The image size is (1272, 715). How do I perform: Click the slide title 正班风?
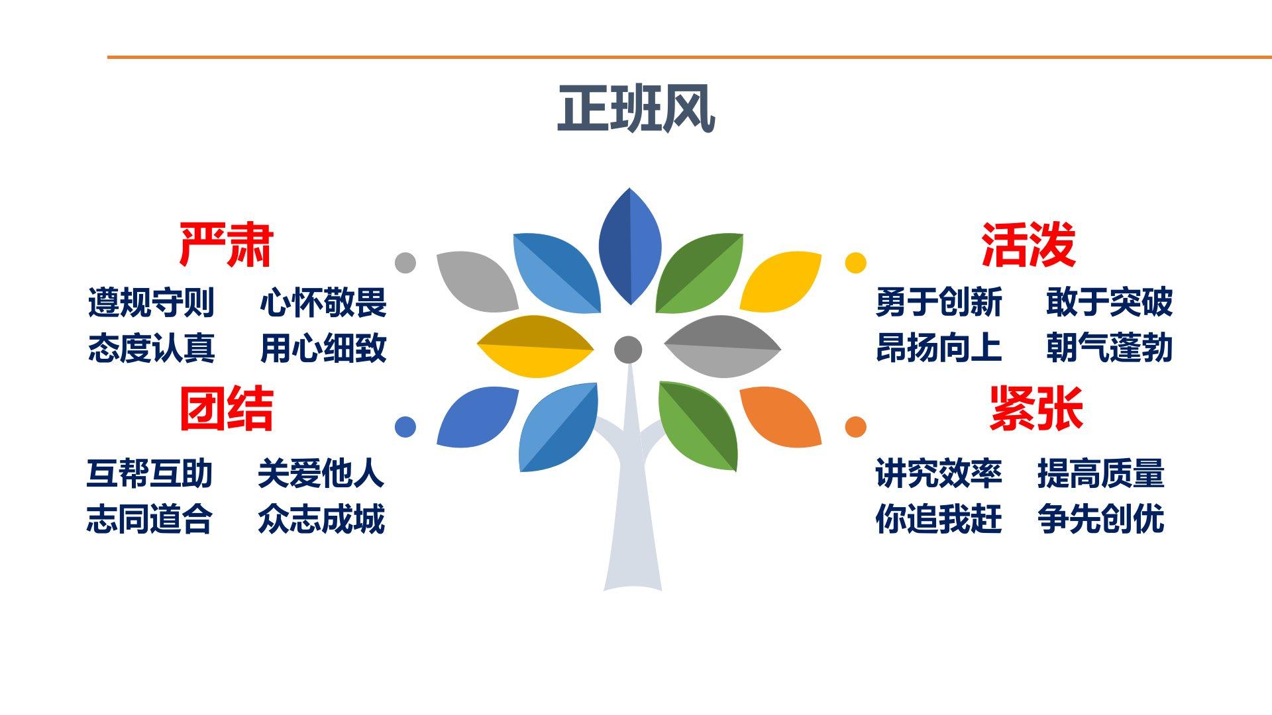click(636, 109)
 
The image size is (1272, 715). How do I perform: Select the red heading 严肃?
click(227, 245)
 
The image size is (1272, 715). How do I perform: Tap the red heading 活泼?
click(1028, 245)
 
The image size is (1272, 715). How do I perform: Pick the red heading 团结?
click(227, 408)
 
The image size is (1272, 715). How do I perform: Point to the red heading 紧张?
click(1036, 408)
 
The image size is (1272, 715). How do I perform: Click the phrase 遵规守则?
click(151, 303)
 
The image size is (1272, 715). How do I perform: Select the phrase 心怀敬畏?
click(323, 303)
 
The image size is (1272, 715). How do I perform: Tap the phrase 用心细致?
click(323, 348)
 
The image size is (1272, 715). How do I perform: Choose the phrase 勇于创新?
click(939, 303)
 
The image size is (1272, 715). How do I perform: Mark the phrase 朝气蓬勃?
click(1110, 348)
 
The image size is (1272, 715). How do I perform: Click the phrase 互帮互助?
click(150, 473)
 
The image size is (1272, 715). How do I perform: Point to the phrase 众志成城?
click(321, 519)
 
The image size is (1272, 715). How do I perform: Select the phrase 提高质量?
click(1101, 473)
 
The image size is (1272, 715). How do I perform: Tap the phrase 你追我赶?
click(939, 519)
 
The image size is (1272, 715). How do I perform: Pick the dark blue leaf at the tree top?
click(630, 246)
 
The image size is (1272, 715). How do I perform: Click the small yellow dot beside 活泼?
click(856, 263)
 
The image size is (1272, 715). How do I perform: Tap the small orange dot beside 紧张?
click(856, 427)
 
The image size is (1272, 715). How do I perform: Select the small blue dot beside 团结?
click(405, 427)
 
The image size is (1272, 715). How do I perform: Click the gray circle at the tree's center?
click(628, 350)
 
